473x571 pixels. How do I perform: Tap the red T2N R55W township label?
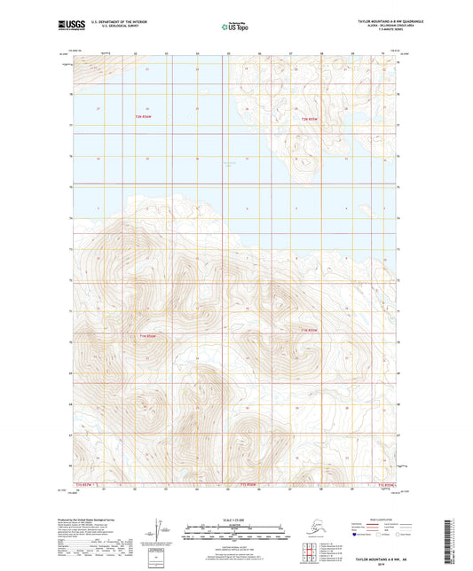[308, 119]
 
